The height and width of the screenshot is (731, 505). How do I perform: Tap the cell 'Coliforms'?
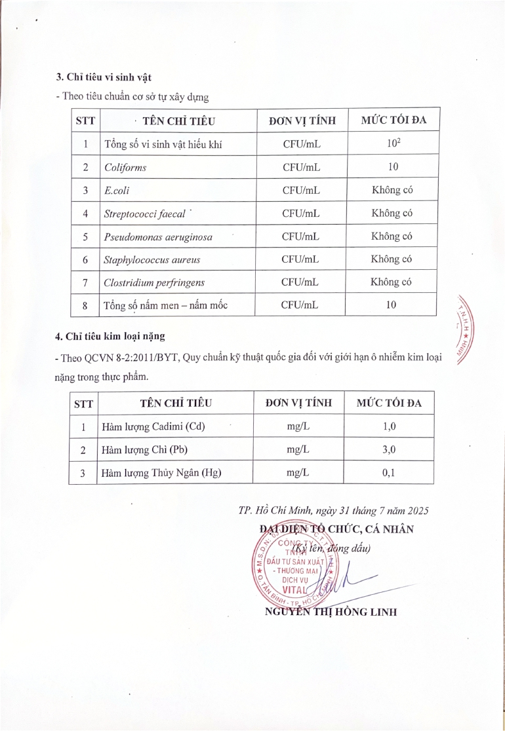[x=125, y=167]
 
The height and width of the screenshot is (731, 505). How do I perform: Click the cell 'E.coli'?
[x=115, y=191]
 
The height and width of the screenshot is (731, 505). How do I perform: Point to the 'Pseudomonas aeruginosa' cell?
[x=158, y=236]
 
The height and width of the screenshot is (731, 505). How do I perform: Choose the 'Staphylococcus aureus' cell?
[x=152, y=259]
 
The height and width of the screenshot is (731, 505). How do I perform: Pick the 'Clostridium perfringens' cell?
[x=154, y=282]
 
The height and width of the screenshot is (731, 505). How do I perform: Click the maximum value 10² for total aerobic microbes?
[x=393, y=143]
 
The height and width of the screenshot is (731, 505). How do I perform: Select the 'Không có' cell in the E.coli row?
[x=392, y=191]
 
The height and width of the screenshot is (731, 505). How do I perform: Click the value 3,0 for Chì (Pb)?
[x=389, y=450]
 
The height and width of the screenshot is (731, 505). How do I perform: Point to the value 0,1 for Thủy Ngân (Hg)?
[x=389, y=473]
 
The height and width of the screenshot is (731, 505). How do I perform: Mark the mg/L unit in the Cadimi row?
[x=298, y=426]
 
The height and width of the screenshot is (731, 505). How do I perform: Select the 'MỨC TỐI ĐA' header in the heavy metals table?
[x=389, y=403]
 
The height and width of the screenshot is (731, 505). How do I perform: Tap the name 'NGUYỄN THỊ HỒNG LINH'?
[x=331, y=612]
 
